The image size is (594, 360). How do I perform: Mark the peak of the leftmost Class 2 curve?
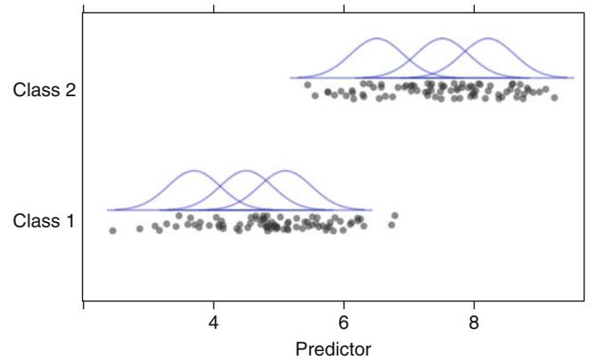[x=378, y=39]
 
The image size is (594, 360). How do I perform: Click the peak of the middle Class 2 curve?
[x=443, y=39]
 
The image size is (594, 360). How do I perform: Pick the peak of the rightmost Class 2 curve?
[x=488, y=39]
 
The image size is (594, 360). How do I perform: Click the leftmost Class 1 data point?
[x=113, y=231]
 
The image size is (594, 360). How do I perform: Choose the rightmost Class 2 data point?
[x=554, y=96]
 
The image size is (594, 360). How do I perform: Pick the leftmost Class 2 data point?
[x=307, y=86]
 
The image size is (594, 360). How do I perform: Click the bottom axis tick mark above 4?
[x=214, y=306]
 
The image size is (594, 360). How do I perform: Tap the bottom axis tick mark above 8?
[x=474, y=306]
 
